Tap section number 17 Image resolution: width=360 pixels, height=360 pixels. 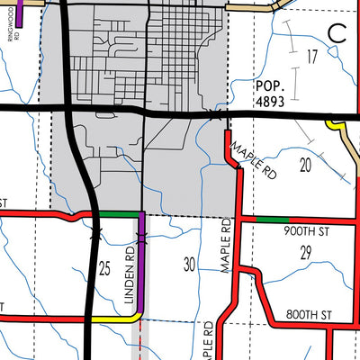click(x=312, y=58)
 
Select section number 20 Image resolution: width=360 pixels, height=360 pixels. click(x=305, y=164)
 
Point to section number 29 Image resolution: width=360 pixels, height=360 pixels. click(x=305, y=253)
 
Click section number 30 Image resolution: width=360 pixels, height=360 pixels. click(x=189, y=265)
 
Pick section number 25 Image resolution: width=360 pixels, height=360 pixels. click(x=104, y=268)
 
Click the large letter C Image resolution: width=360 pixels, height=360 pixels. click(x=338, y=33)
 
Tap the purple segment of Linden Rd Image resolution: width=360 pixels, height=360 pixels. click(x=140, y=261)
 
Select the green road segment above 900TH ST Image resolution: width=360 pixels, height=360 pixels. click(x=273, y=219)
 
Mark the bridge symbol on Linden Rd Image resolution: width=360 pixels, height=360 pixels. click(x=140, y=238)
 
